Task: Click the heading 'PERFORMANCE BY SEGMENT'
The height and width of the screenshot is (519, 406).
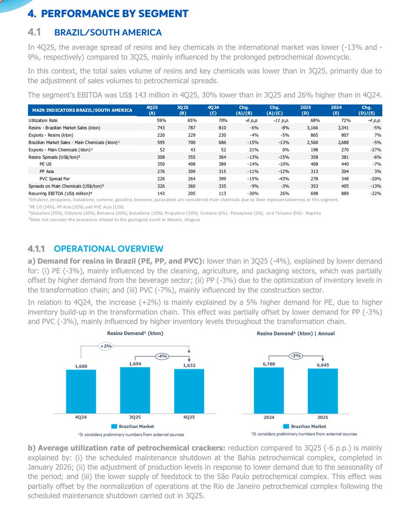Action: tap(108, 14)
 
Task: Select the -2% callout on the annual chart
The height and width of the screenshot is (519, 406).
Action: tap(296, 356)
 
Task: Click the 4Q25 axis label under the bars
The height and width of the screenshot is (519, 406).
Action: tap(188, 417)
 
